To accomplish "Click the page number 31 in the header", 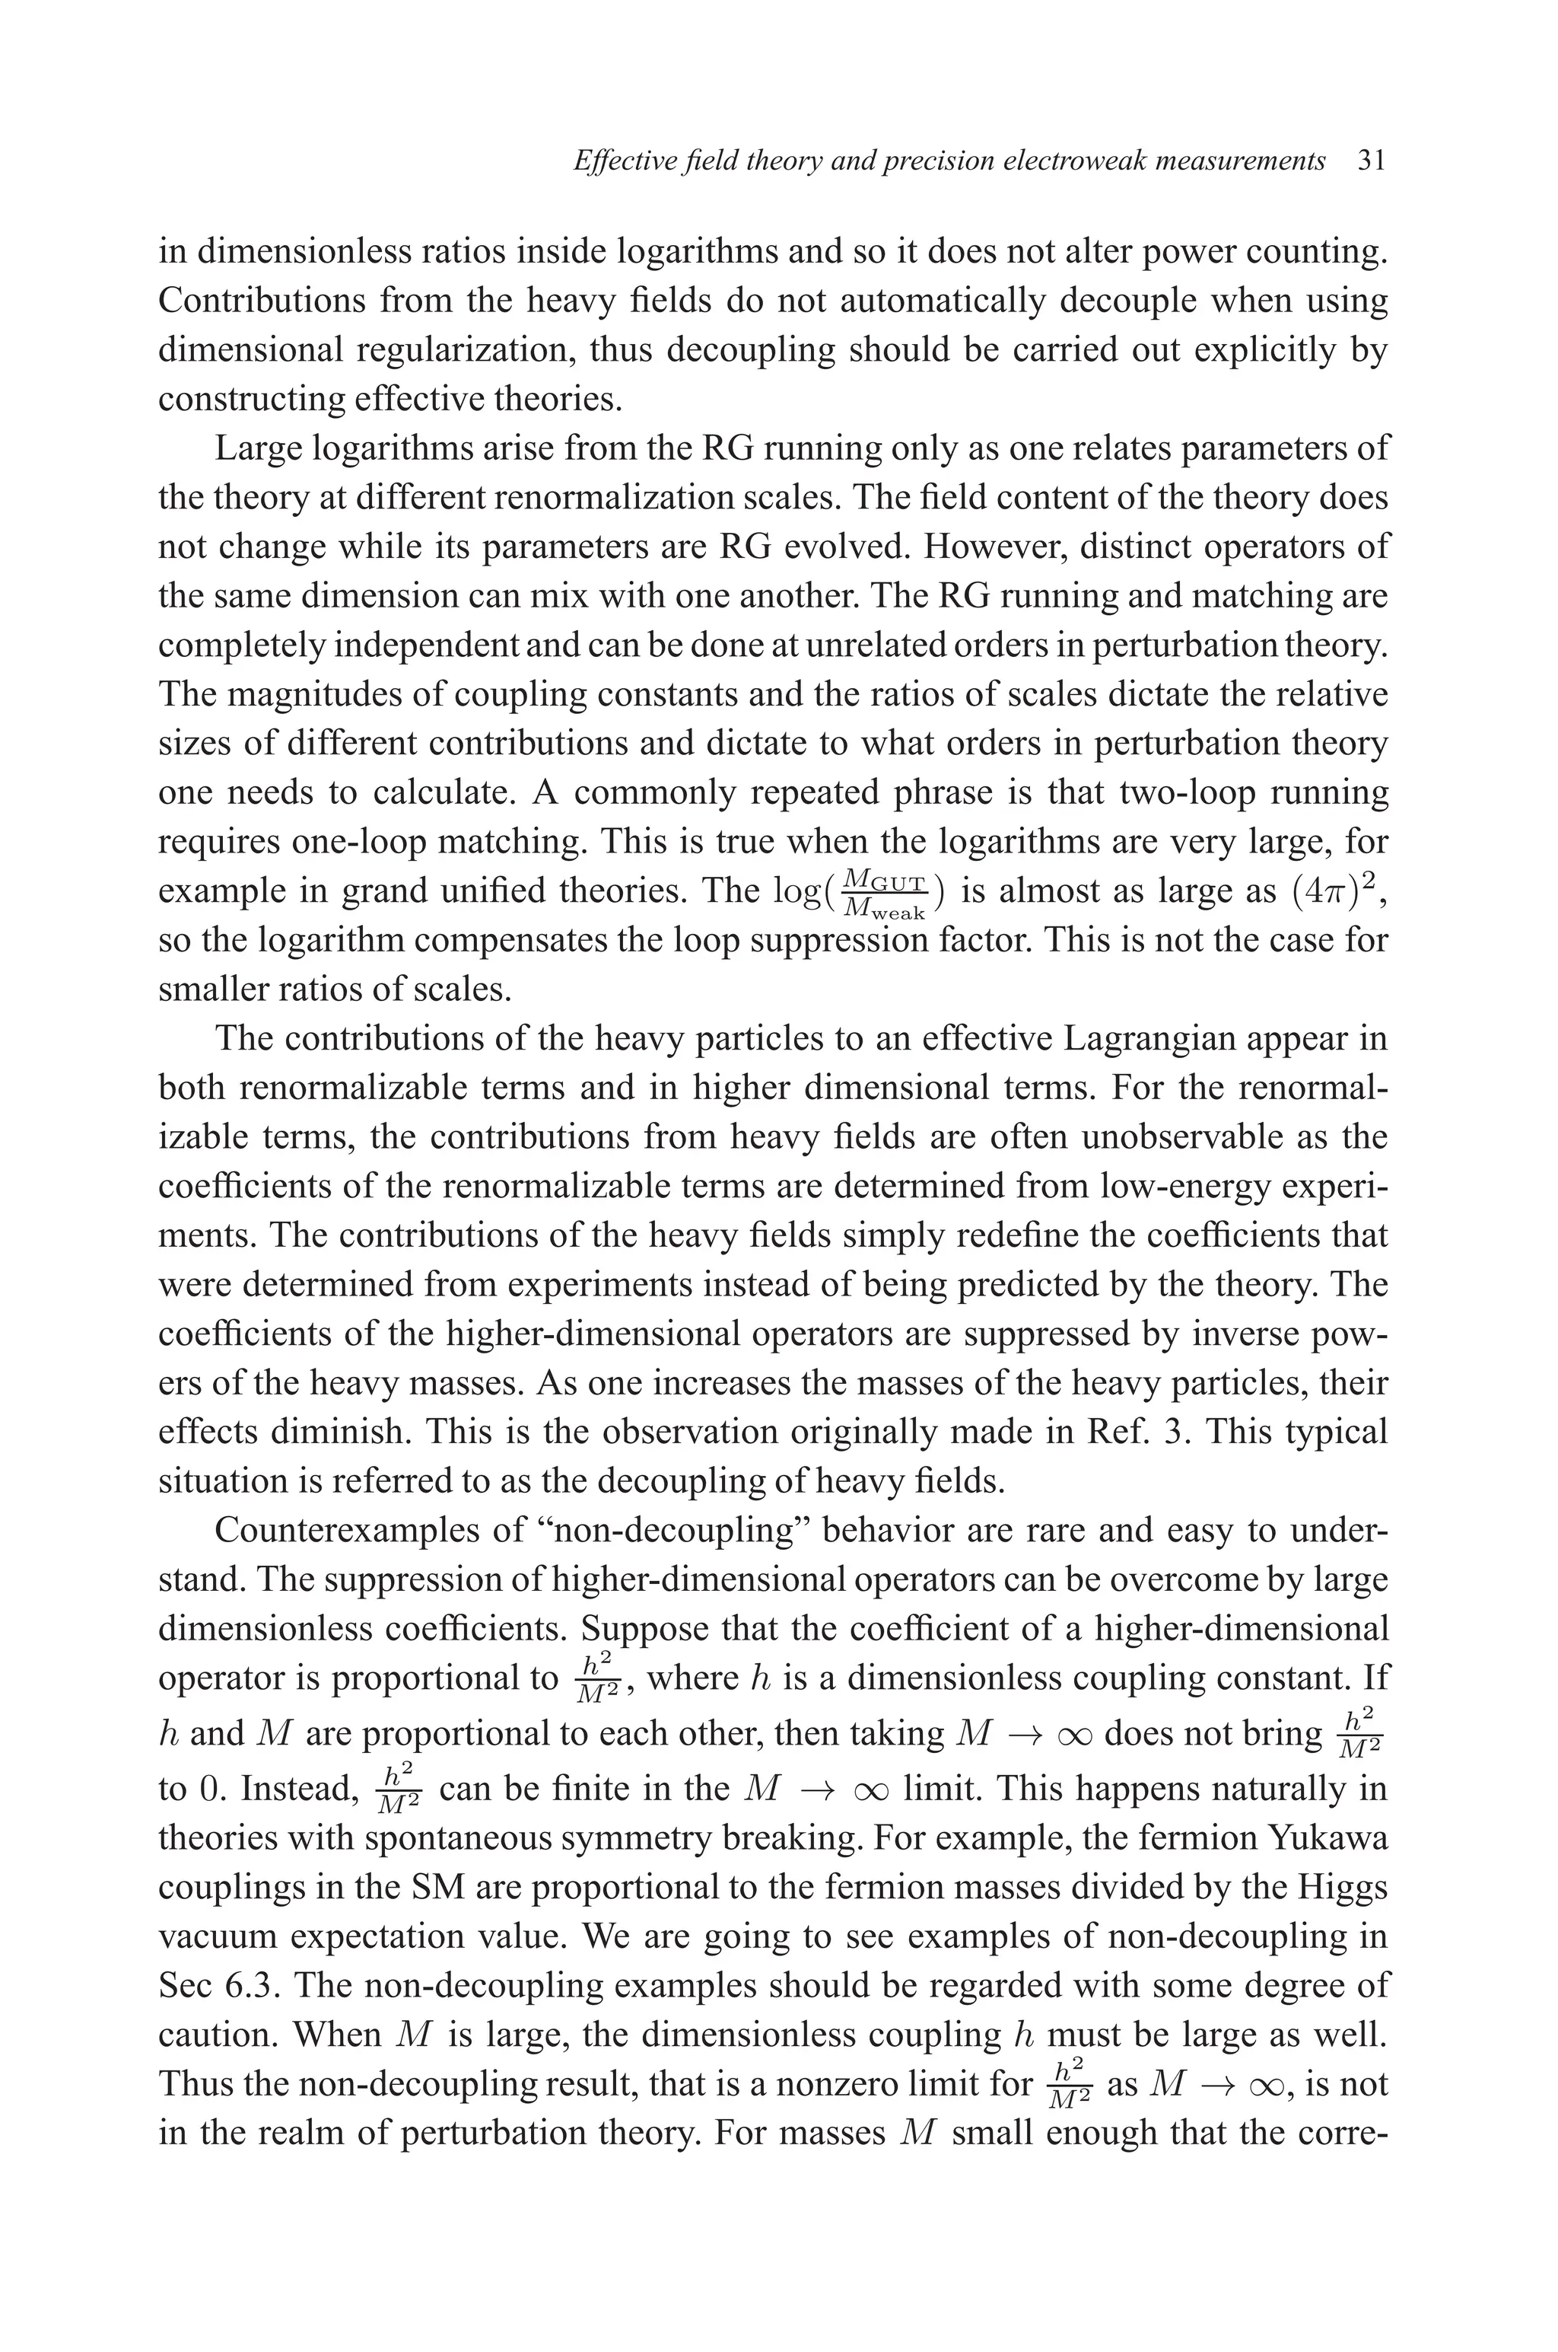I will click(x=1371, y=161).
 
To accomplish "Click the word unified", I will click(x=477, y=891).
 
